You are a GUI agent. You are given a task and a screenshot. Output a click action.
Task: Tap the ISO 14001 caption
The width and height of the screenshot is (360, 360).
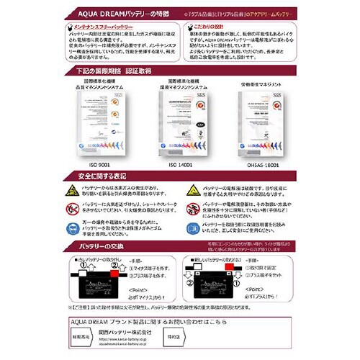pos(178,165)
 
